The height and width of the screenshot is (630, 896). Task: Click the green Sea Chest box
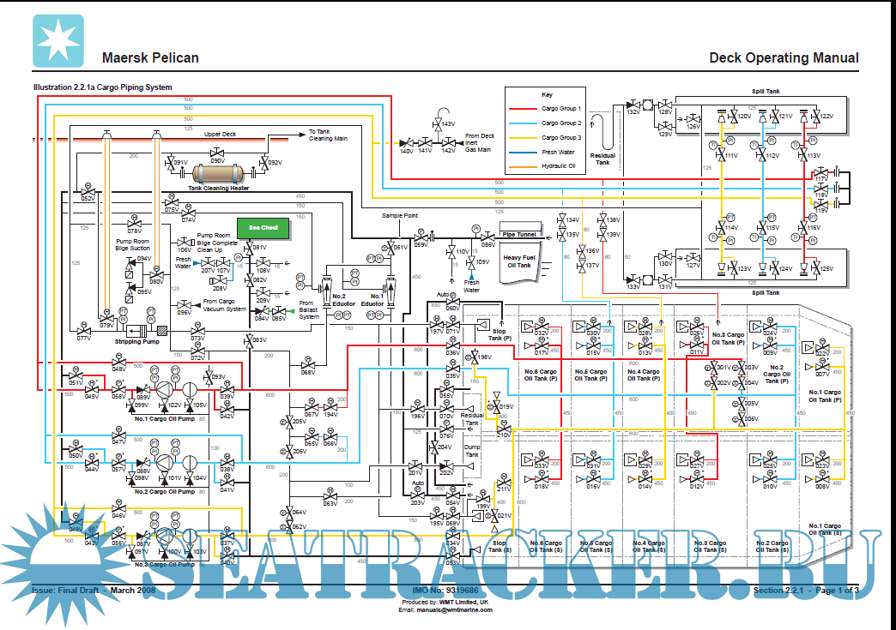click(x=263, y=228)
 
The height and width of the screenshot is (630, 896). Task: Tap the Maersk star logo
click(x=58, y=41)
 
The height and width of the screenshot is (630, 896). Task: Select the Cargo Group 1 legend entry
click(x=560, y=109)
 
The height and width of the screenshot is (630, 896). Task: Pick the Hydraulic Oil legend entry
click(x=558, y=165)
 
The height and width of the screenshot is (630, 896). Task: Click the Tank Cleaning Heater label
click(x=219, y=188)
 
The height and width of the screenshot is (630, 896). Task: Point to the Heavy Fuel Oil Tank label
click(x=518, y=261)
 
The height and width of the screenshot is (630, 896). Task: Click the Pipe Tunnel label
click(x=518, y=234)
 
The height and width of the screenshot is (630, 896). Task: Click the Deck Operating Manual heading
click(x=784, y=58)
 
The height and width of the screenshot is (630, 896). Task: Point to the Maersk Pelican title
click(x=150, y=58)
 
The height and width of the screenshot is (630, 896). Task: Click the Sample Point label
click(x=398, y=216)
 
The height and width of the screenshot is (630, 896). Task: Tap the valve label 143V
click(x=448, y=125)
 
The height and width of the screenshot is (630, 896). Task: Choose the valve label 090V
click(x=218, y=160)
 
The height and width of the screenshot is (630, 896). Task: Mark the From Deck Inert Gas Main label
click(x=480, y=142)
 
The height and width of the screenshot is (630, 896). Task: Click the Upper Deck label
click(x=220, y=135)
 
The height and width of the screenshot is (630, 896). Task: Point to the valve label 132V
click(x=633, y=111)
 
